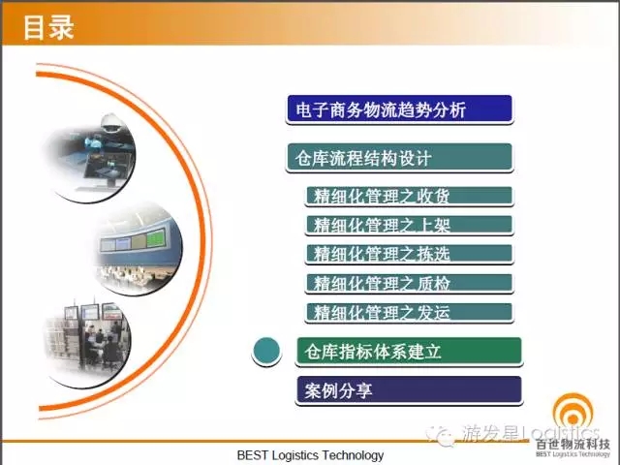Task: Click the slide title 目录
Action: (x=48, y=27)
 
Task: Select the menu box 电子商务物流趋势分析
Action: (x=399, y=108)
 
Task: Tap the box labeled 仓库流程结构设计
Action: (x=399, y=157)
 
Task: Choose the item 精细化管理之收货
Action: (x=409, y=196)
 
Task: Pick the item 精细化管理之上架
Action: (x=409, y=225)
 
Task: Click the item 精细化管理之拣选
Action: (x=409, y=254)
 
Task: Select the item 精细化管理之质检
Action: (x=409, y=283)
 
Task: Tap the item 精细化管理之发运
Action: (x=409, y=312)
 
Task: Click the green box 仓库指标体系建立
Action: (x=409, y=351)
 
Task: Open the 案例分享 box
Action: (x=409, y=389)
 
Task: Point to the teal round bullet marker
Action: (x=266, y=351)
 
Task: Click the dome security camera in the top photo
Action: (x=109, y=123)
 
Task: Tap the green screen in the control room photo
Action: (x=155, y=238)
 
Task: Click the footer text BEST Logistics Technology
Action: (x=310, y=455)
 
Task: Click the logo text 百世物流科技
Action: (x=573, y=444)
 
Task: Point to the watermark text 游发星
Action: (x=491, y=433)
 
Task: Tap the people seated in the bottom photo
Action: (x=103, y=345)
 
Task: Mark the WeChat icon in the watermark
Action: (x=441, y=435)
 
